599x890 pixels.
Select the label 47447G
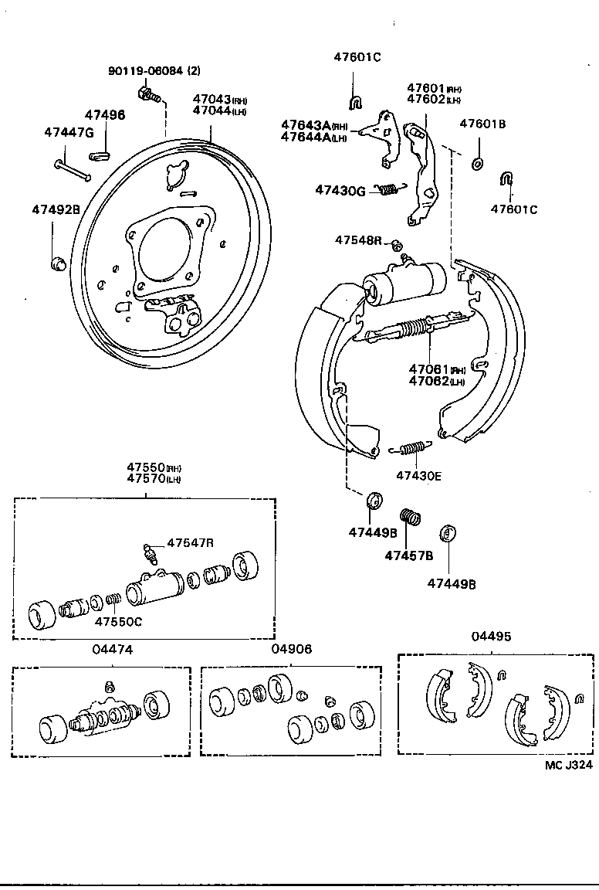(68, 132)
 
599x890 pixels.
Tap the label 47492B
(56, 209)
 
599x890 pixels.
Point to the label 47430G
(340, 190)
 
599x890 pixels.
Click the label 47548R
(358, 240)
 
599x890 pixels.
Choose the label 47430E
(418, 475)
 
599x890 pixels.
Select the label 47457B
(409, 555)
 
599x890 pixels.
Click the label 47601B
(482, 123)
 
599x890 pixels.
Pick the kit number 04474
(113, 650)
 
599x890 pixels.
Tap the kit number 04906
(292, 650)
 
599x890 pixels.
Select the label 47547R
(190, 543)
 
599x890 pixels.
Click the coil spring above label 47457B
(410, 516)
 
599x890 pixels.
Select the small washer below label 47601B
(477, 163)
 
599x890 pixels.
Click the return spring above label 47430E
(411, 447)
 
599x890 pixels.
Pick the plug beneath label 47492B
(56, 265)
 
